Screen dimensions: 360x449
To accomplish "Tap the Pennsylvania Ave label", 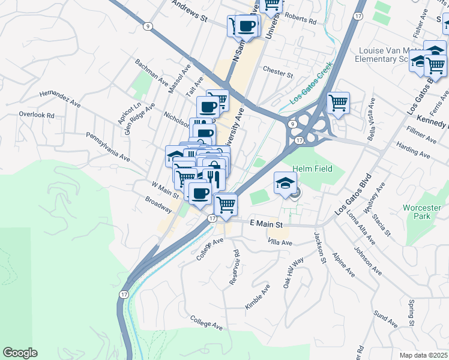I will click(x=108, y=148).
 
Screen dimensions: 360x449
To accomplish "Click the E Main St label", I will click(x=265, y=223).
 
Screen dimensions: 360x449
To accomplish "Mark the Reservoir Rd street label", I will click(x=234, y=267).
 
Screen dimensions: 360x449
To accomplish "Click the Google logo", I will click(x=20, y=353).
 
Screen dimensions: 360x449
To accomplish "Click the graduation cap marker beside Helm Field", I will click(x=285, y=184).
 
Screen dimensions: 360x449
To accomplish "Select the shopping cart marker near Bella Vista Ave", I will click(x=338, y=103).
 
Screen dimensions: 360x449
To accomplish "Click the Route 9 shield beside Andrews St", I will click(x=147, y=26).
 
